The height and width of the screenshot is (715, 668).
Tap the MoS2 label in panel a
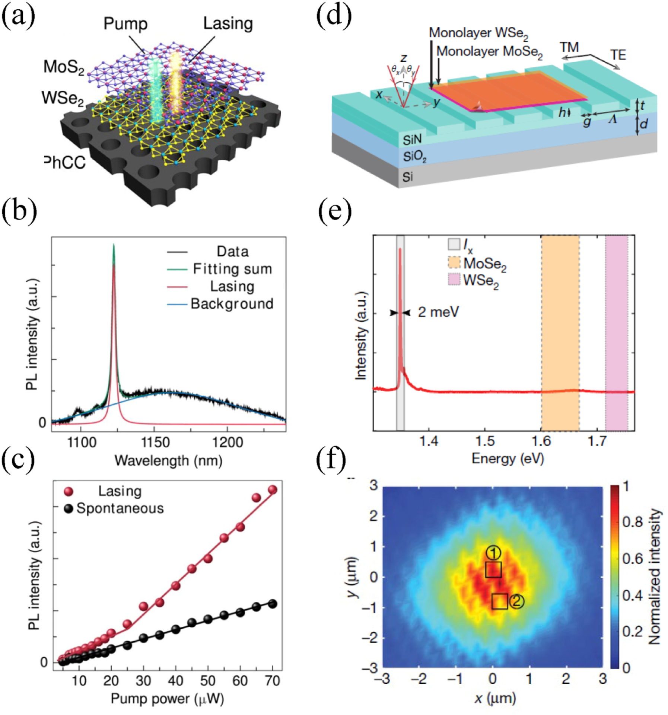coord(64,67)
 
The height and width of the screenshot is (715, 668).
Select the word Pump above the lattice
coord(125,23)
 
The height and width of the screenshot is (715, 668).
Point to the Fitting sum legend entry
coord(232,269)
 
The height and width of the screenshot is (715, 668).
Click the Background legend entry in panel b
coord(232,304)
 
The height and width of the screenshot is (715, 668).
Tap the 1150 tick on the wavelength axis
coord(155,443)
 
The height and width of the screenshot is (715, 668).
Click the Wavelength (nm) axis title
coord(168,460)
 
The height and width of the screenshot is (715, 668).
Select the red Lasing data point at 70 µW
coord(273,489)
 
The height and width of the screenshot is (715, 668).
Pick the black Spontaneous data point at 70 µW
coord(273,604)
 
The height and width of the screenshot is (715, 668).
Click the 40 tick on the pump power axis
coord(175,681)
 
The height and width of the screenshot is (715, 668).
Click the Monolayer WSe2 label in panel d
coord(478,33)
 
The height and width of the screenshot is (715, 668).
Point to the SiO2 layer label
coord(414,156)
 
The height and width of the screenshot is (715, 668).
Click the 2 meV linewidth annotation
coord(438,312)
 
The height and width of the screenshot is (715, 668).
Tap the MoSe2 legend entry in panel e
coord(484,264)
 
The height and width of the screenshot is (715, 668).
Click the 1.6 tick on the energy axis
coord(541,441)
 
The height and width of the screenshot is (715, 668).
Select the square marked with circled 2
coord(499,601)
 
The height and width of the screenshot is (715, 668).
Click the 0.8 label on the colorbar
coord(632,522)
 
